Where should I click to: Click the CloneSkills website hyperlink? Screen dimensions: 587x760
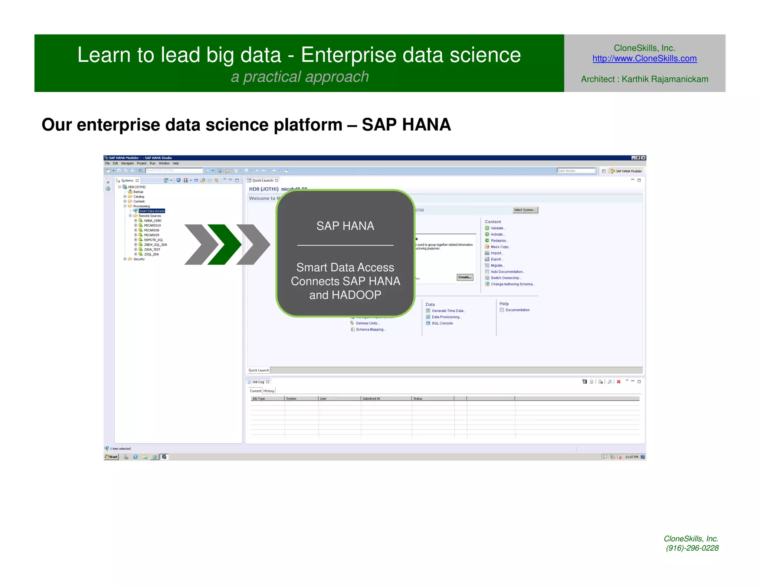coord(644,59)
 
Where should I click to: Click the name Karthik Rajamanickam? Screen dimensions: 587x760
coord(665,79)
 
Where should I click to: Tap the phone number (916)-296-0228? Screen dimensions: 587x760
coord(692,548)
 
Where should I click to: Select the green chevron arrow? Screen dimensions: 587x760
coord(225,245)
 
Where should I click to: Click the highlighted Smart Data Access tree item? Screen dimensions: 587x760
coord(151,211)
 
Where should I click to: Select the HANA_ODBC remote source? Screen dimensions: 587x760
coord(153,221)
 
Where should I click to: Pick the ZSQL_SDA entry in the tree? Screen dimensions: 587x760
coord(151,255)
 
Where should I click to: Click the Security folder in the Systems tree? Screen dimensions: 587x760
coord(139,259)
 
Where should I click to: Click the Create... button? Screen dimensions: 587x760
coord(465,277)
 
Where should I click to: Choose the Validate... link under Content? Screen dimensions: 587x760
coord(498,228)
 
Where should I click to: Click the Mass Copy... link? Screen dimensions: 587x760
coord(500,247)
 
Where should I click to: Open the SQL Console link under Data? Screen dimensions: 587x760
coord(442,323)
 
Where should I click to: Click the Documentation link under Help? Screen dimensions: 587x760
coord(517,310)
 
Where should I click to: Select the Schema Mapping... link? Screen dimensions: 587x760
coord(370,329)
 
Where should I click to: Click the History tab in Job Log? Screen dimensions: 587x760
coord(269,391)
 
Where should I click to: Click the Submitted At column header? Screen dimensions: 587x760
coord(371,399)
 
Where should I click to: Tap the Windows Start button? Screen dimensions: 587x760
coord(111,457)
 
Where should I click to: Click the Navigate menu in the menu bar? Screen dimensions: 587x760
coord(127,163)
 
